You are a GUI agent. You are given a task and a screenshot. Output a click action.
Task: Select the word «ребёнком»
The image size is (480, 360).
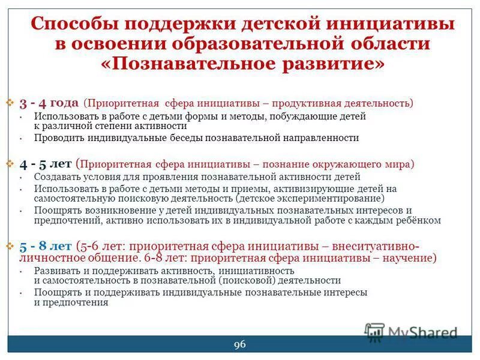tap(420, 220)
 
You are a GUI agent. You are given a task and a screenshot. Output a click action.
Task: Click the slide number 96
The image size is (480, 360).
tap(239, 344)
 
